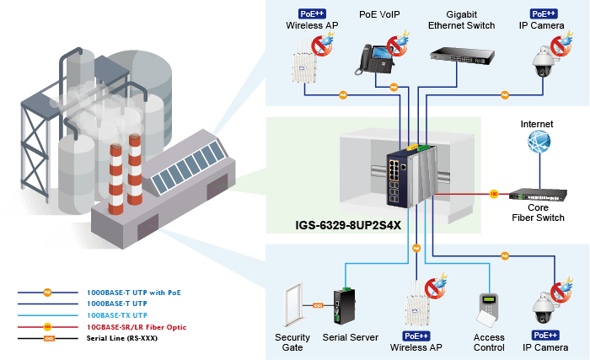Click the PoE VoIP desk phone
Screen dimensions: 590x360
pos(374,60)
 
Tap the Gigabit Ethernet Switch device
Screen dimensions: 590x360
pos(462,56)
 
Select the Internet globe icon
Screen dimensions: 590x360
pos(539,142)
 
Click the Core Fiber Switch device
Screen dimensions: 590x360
pos(538,195)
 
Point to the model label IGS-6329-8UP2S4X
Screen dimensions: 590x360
pos(348,225)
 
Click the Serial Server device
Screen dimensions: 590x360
pos(344,306)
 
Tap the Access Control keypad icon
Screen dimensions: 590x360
pos(488,310)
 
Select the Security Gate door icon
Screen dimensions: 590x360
pos(293,304)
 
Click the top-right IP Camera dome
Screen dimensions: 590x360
pos(543,62)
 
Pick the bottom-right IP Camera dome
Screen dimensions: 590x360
pos(543,308)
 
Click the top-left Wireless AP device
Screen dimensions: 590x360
pos(304,61)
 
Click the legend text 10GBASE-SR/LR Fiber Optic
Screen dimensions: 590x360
pos(137,327)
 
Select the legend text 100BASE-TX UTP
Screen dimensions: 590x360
pos(117,315)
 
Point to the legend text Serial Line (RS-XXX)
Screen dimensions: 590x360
pos(122,338)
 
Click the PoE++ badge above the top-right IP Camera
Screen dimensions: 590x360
pos(544,14)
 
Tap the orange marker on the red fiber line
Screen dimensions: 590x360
pos(494,194)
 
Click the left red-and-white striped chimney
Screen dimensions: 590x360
pos(116,179)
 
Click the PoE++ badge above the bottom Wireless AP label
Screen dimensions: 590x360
pos(416,336)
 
